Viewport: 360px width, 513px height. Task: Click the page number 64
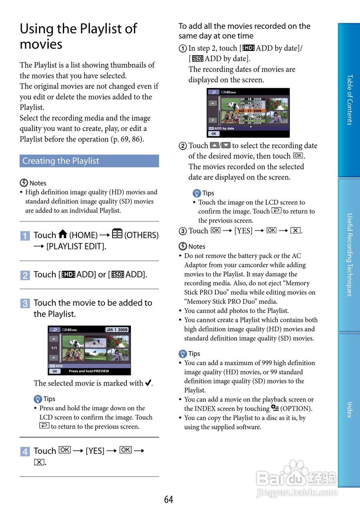point(169,499)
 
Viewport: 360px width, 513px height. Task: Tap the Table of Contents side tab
point(349,100)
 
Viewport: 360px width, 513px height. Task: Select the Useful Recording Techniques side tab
point(349,254)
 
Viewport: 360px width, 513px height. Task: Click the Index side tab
point(349,410)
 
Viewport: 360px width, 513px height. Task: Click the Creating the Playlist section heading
point(61,161)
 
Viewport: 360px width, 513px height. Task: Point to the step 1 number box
point(25,236)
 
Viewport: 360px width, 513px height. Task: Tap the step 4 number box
point(25,452)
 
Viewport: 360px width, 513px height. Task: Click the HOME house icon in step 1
point(62,234)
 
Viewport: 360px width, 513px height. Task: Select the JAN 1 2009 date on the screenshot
point(117,330)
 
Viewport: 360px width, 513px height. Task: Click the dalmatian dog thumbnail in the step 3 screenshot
point(73,342)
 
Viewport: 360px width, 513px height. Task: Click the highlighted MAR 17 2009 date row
point(250,111)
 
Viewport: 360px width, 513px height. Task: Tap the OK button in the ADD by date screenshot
point(213,134)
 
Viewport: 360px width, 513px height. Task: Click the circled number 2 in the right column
point(183,146)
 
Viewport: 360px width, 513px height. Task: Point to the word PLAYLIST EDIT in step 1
point(76,246)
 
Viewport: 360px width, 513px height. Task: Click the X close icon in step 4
point(39,463)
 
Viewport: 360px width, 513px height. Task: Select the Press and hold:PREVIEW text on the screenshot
point(89,372)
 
